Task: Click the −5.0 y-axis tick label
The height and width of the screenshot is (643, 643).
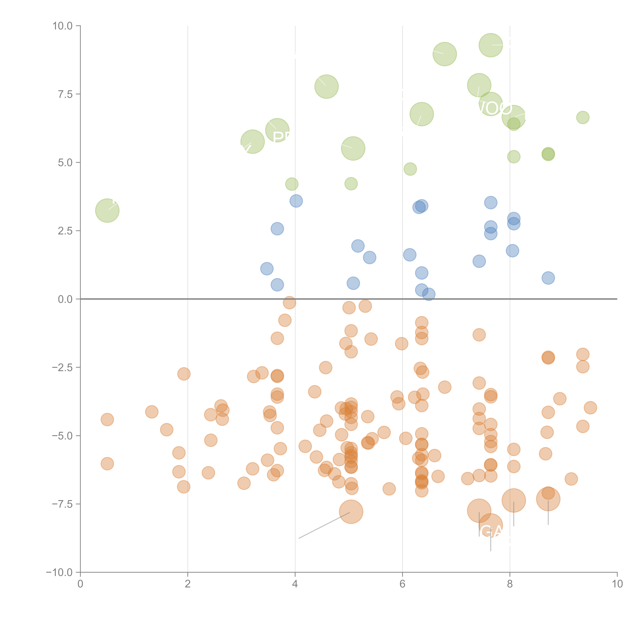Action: pos(62,436)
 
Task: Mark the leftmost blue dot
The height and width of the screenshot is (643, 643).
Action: pos(267,269)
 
